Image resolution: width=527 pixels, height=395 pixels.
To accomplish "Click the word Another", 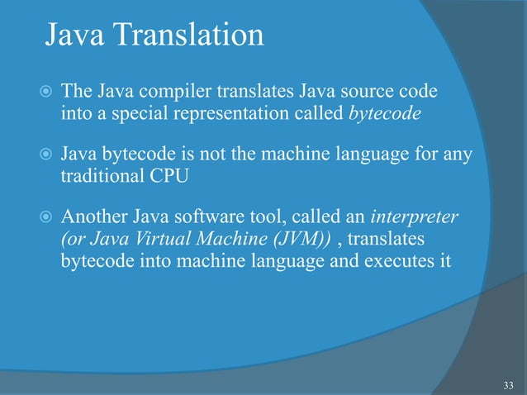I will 95,219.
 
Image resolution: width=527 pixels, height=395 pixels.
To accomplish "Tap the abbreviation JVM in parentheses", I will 292,240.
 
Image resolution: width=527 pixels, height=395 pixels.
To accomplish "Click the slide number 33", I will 507,385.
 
